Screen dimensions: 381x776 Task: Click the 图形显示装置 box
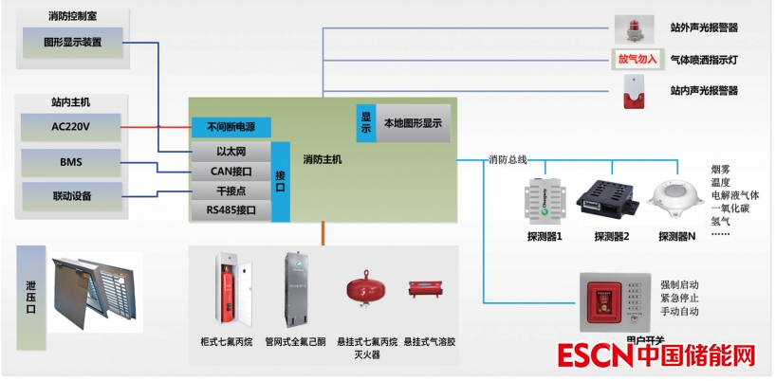click(72, 43)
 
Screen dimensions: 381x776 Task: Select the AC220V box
click(72, 125)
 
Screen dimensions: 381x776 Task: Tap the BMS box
click(72, 162)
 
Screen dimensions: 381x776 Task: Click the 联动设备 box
click(72, 196)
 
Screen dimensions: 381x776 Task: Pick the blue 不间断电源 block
click(231, 126)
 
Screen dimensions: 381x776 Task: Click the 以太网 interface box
click(231, 152)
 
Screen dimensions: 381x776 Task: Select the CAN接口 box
click(231, 172)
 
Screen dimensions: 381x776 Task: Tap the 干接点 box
click(231, 191)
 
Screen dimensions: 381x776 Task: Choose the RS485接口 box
click(231, 210)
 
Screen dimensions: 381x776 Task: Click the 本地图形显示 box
click(413, 123)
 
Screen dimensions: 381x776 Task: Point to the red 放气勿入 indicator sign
click(637, 59)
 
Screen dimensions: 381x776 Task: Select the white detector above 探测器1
click(545, 202)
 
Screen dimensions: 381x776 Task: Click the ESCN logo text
click(594, 357)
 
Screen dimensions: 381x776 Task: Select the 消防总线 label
click(507, 158)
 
